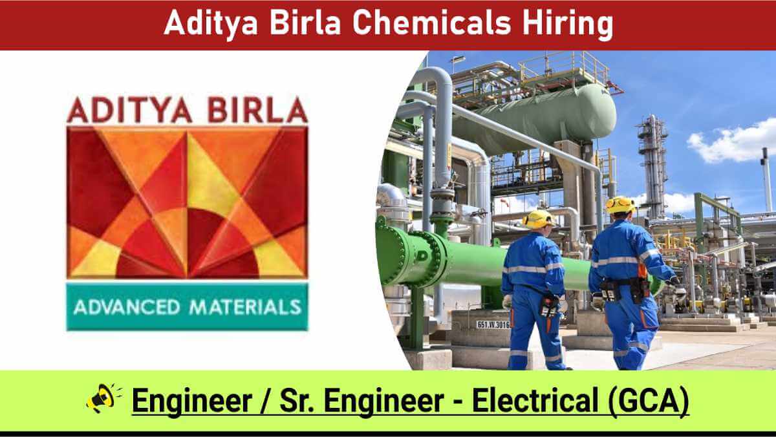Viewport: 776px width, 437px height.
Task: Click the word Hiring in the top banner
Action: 568,24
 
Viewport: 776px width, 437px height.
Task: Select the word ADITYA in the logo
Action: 129,111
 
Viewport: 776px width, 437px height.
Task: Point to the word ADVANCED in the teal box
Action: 127,307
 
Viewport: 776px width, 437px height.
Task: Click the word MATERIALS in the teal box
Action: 245,307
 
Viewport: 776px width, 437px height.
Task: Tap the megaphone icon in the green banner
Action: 103,398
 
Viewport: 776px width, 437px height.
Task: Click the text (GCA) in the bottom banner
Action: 648,401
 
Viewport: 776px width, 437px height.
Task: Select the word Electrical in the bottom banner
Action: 535,400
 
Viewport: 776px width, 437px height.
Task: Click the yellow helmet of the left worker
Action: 538,219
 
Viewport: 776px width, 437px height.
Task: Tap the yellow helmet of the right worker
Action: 620,205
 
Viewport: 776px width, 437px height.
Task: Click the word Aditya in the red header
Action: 211,23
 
